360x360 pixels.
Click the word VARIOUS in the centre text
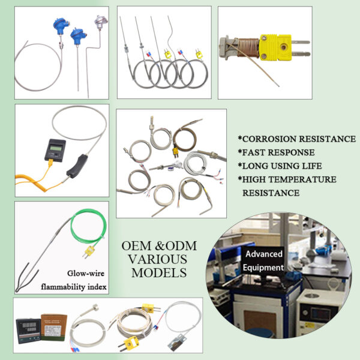[157, 259]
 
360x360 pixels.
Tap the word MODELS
[159, 273]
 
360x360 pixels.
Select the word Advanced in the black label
[264, 254]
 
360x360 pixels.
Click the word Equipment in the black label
[263, 268]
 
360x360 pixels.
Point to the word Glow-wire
[86, 273]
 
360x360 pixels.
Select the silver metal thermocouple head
[101, 21]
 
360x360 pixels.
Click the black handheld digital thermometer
[55, 151]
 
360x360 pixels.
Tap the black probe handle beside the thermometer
[77, 166]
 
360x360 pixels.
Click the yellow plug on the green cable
[89, 251]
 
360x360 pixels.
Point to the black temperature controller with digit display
[28, 331]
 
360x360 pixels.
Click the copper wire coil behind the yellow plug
[248, 48]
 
